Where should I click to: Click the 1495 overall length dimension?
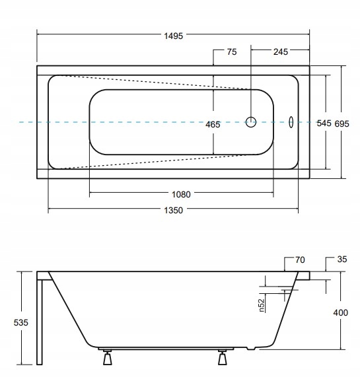pyautogui.click(x=173, y=36)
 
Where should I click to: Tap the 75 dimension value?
pyautogui.click(x=232, y=52)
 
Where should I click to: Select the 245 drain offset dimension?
pyautogui.click(x=281, y=52)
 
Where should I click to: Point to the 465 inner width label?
pyautogui.click(x=213, y=125)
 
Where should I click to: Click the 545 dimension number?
pyautogui.click(x=324, y=123)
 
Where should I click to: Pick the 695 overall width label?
pyautogui.click(x=342, y=123)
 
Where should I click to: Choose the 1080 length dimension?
pyautogui.click(x=181, y=194)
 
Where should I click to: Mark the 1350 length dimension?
pyautogui.click(x=173, y=210)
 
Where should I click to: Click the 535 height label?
pyautogui.click(x=20, y=322)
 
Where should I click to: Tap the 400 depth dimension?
pyautogui.click(x=340, y=313)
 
